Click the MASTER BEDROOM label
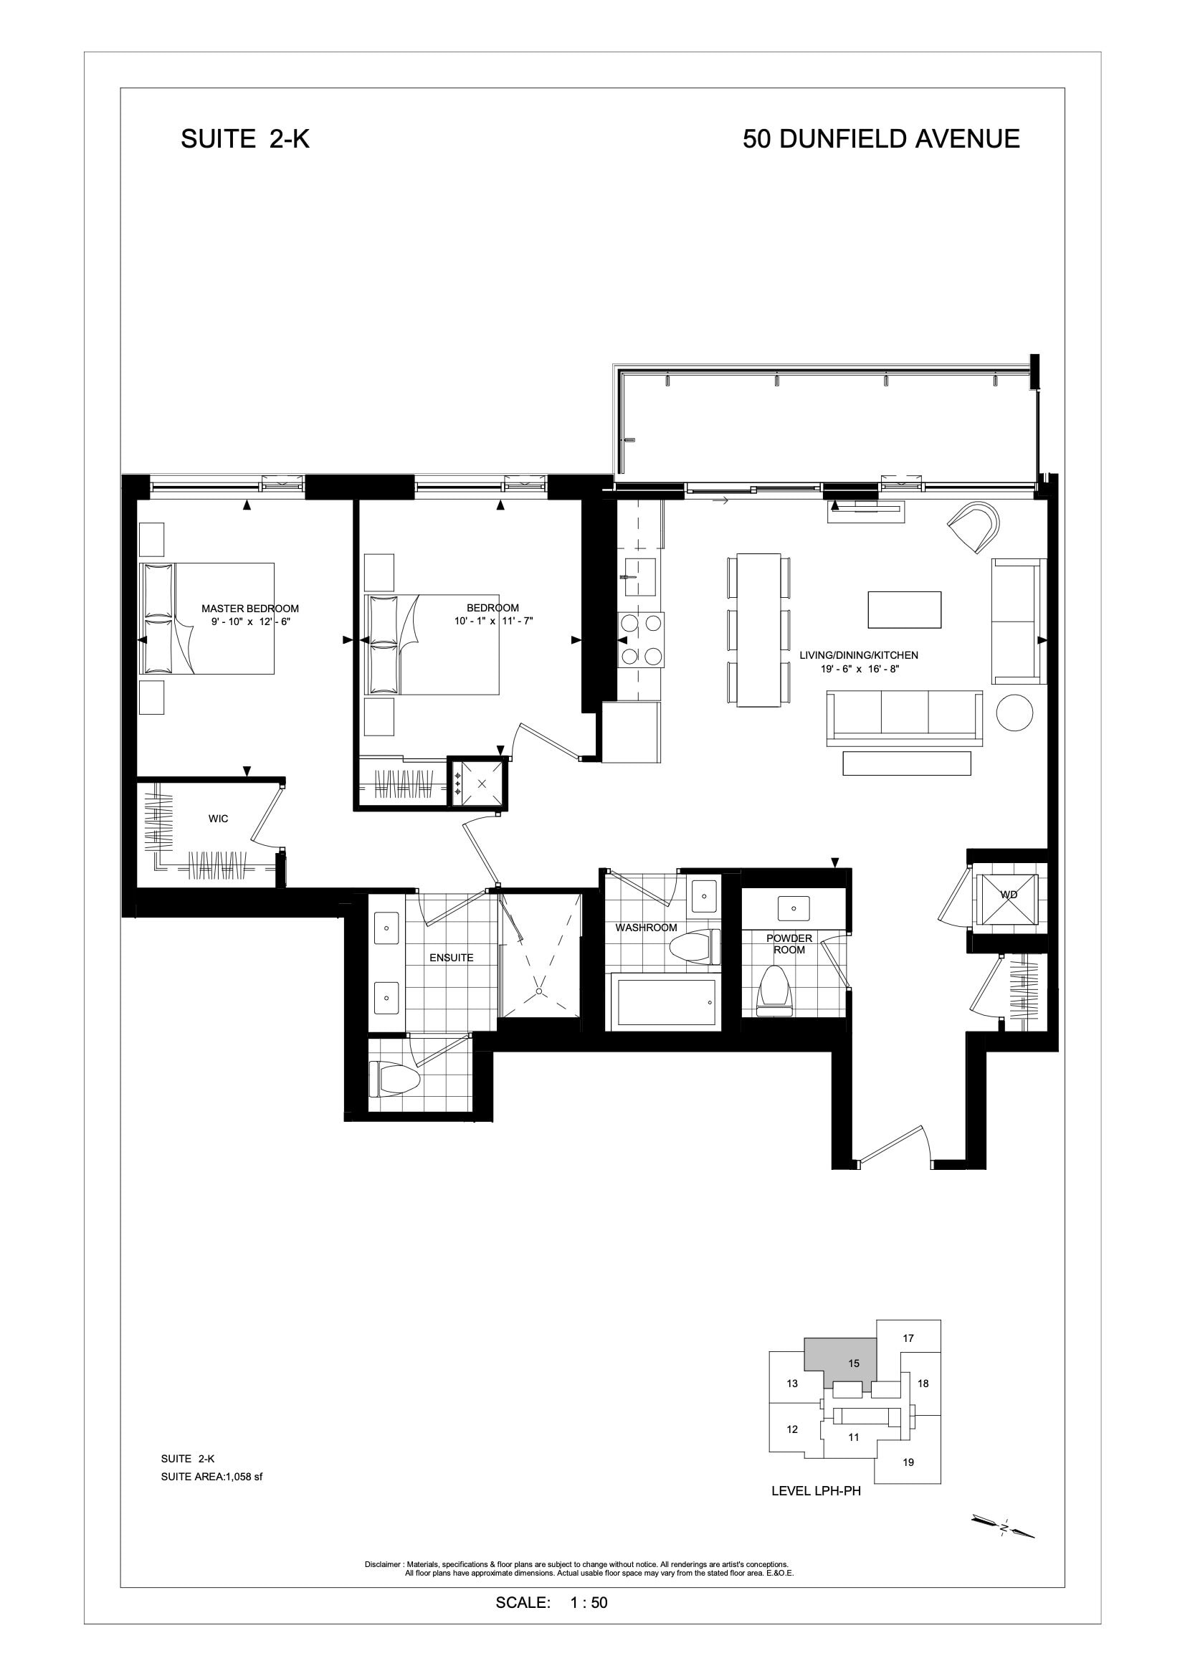[x=249, y=609]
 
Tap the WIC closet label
[x=219, y=819]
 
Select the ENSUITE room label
[x=451, y=958]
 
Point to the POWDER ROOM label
[x=789, y=944]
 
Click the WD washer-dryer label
[x=1009, y=894]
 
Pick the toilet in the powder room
[x=776, y=991]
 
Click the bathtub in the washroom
[x=667, y=1002]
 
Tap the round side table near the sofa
[x=1015, y=712]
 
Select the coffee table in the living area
[x=904, y=609]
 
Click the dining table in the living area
[x=759, y=630]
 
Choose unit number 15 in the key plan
[x=855, y=1363]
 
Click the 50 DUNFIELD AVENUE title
[x=881, y=138]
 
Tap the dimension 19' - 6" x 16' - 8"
[x=859, y=669]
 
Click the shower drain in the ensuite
[x=539, y=991]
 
